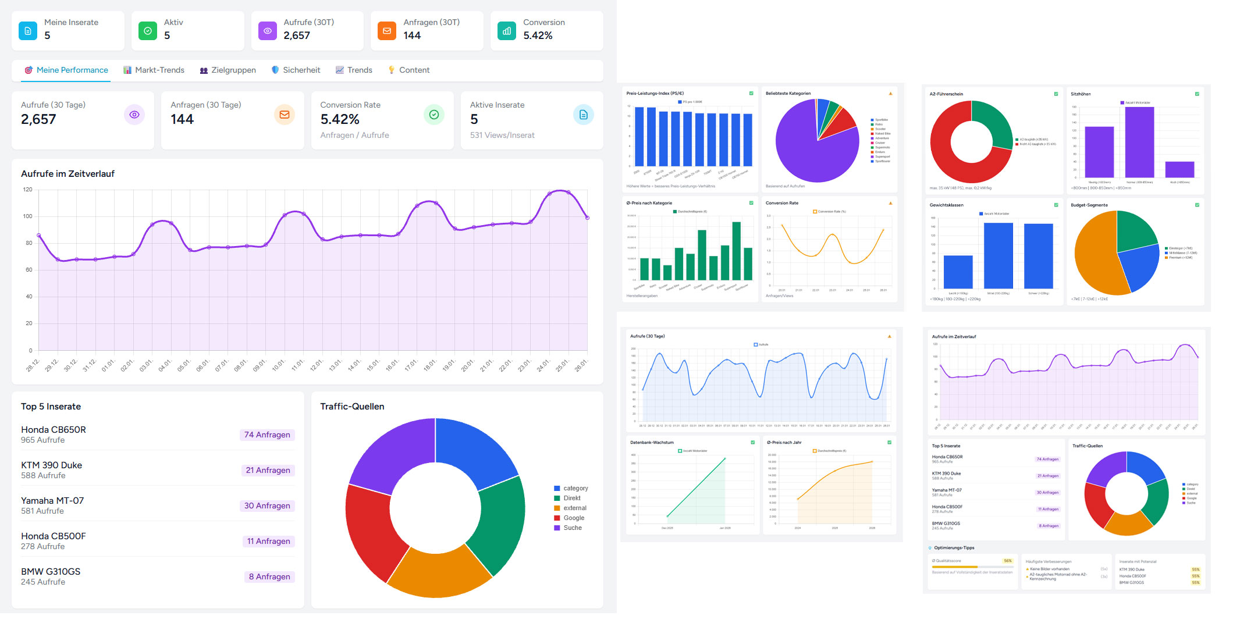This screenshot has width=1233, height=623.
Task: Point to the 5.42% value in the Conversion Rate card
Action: pyautogui.click(x=340, y=119)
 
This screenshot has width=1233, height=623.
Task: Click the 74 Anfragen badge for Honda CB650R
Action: pyautogui.click(x=267, y=435)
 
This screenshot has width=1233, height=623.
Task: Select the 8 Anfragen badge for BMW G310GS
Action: pyautogui.click(x=269, y=576)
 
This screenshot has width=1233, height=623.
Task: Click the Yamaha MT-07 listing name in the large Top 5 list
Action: pyautogui.click(x=52, y=500)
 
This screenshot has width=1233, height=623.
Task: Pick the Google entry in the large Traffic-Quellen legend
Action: pyautogui.click(x=573, y=518)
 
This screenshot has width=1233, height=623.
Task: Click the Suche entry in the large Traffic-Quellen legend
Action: pyautogui.click(x=572, y=528)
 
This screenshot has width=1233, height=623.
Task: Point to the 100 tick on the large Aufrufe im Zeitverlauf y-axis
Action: pyautogui.click(x=28, y=216)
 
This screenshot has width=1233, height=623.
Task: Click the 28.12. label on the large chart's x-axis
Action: pyautogui.click(x=33, y=365)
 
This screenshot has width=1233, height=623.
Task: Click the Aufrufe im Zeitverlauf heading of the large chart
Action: pyautogui.click(x=67, y=173)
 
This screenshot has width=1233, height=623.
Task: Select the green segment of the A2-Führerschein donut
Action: pyautogui.click(x=994, y=119)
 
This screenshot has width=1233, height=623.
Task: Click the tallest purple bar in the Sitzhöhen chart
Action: pyautogui.click(x=1139, y=143)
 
